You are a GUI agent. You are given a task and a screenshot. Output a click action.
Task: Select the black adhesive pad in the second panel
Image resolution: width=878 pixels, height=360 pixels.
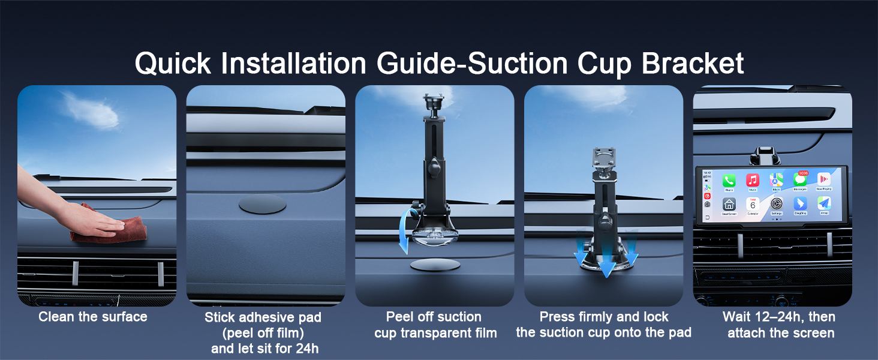[x=262, y=204]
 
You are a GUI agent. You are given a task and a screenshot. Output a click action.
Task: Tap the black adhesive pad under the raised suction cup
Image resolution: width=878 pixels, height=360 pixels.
[x=435, y=265]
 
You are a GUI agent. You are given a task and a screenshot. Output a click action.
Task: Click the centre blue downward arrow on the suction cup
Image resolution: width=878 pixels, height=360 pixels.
[x=607, y=263]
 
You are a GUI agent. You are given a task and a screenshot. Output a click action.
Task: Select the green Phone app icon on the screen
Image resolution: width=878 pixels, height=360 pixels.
[x=729, y=181]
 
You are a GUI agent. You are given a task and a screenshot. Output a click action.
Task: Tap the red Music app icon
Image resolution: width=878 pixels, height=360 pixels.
[x=753, y=181]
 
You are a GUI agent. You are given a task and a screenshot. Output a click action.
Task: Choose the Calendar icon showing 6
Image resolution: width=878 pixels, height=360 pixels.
[x=753, y=204]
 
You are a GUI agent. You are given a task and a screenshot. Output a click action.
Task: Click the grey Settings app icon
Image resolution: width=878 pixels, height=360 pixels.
[x=776, y=204]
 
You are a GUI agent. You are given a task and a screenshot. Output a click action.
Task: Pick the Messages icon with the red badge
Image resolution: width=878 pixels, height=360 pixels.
[x=800, y=179]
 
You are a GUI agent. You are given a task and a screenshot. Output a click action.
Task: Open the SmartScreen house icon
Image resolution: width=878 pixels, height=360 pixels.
[x=729, y=204]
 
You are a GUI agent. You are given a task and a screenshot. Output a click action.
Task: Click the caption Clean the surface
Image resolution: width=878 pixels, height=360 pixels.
[x=93, y=317]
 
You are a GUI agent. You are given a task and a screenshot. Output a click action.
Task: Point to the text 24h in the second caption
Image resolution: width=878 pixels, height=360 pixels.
[x=306, y=349]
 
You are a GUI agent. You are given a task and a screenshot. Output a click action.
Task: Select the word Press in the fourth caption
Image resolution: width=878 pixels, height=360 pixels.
[x=558, y=317]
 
